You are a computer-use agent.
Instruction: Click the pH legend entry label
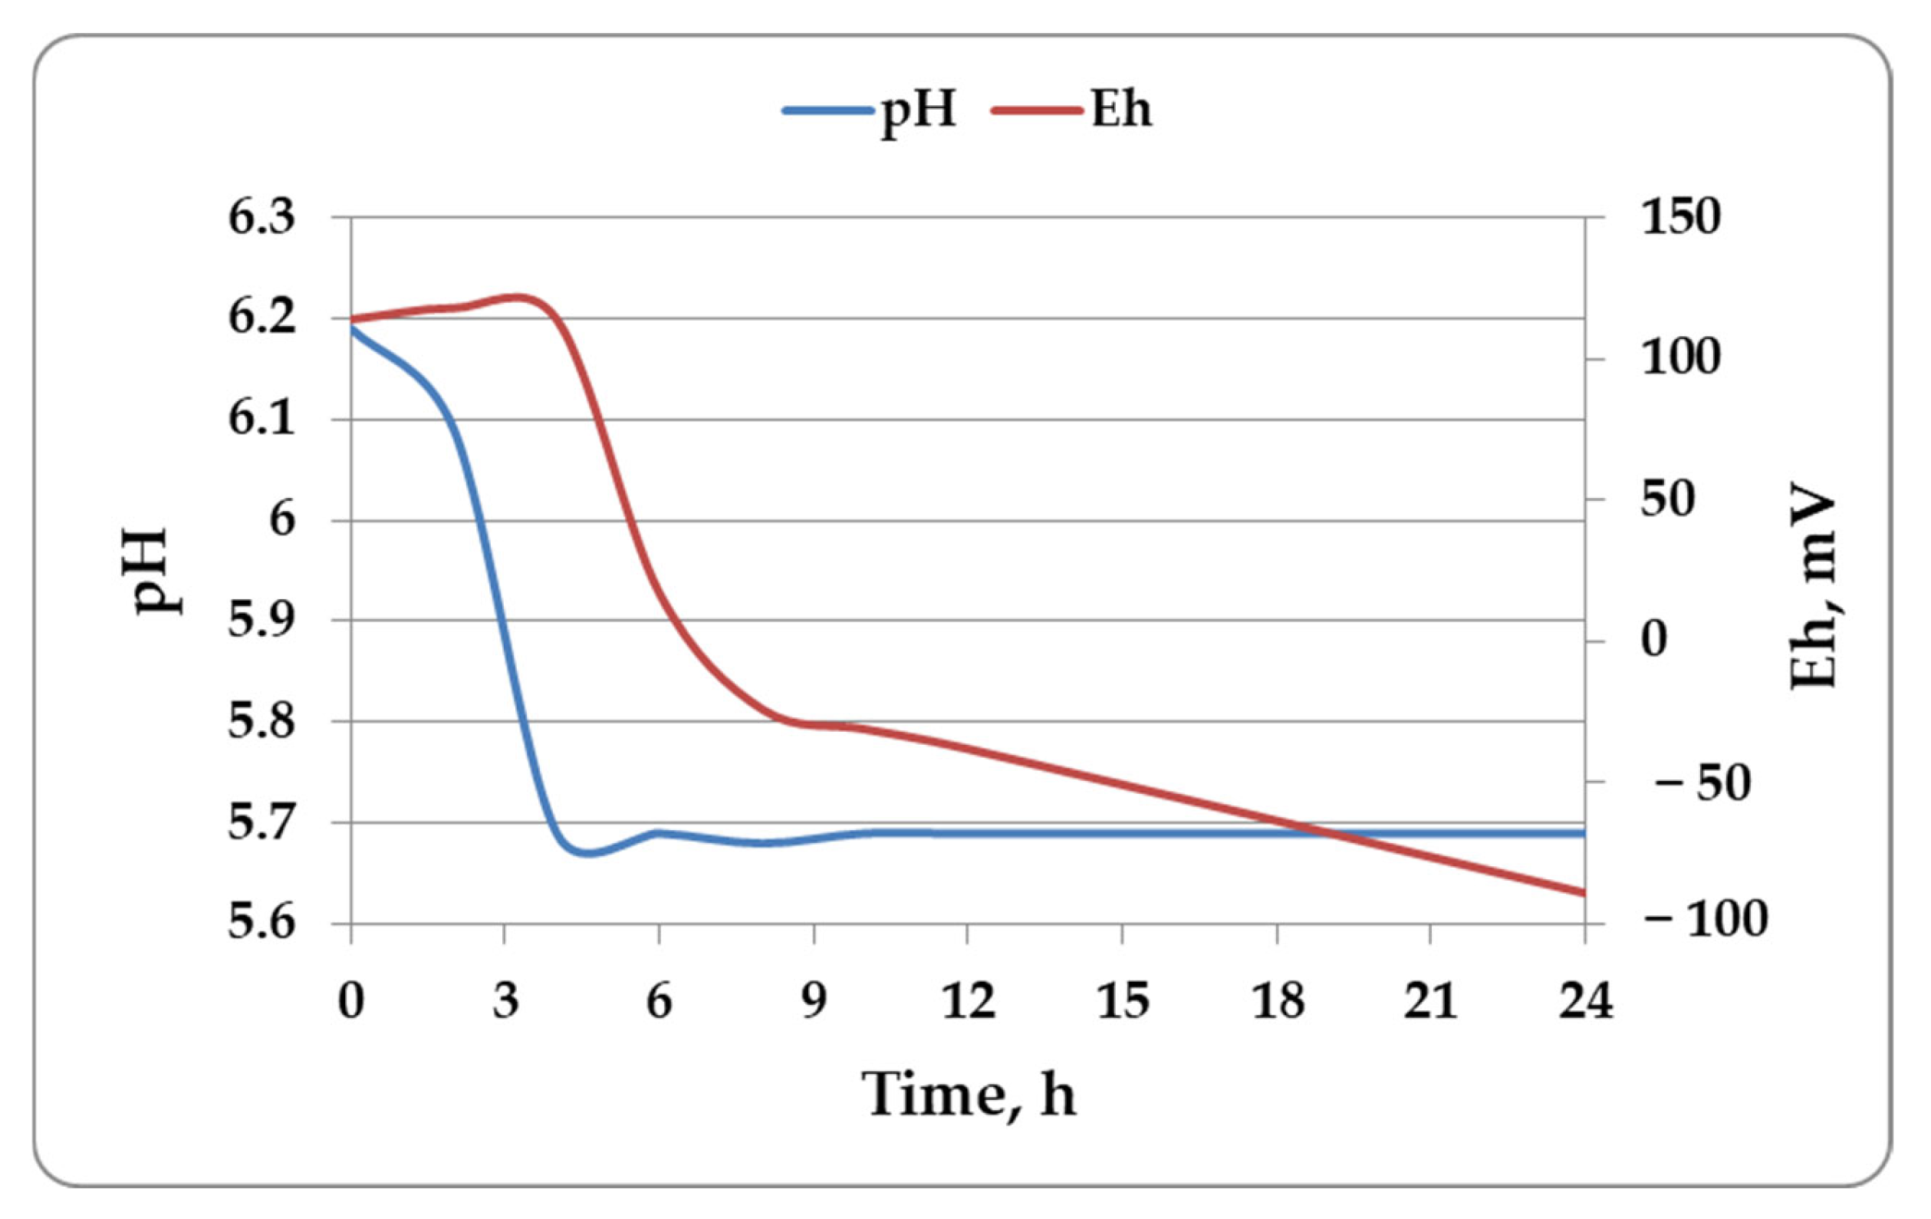pos(919,110)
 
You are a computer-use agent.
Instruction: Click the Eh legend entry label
pos(1121,109)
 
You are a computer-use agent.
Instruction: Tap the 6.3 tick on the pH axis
pos(262,217)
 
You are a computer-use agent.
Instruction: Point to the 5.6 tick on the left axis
pos(262,923)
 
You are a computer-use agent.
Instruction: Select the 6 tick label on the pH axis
pos(281,520)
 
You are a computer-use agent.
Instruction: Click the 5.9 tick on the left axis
pos(262,620)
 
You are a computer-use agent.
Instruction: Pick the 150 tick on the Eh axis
pos(1681,217)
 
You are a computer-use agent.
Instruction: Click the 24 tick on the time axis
pos(1584,1002)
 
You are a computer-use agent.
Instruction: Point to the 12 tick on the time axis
pos(968,1002)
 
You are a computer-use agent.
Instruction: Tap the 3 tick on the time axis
pos(505,1002)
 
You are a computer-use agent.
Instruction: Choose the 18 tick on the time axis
pos(1277,1002)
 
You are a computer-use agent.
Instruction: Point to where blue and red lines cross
pos(1323,833)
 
